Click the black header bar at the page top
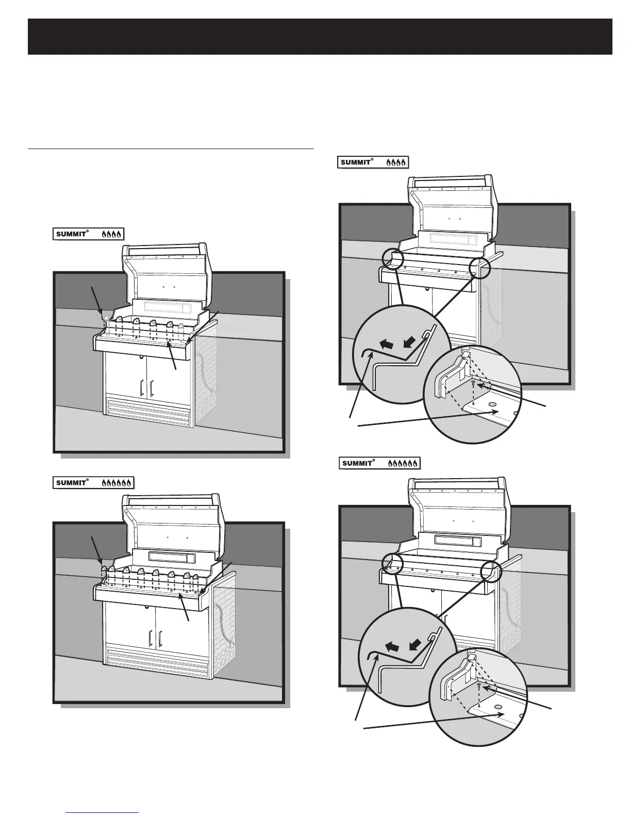point(320,37)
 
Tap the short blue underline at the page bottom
point(103,812)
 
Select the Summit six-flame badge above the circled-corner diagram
point(379,463)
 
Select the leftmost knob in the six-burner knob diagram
point(103,570)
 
